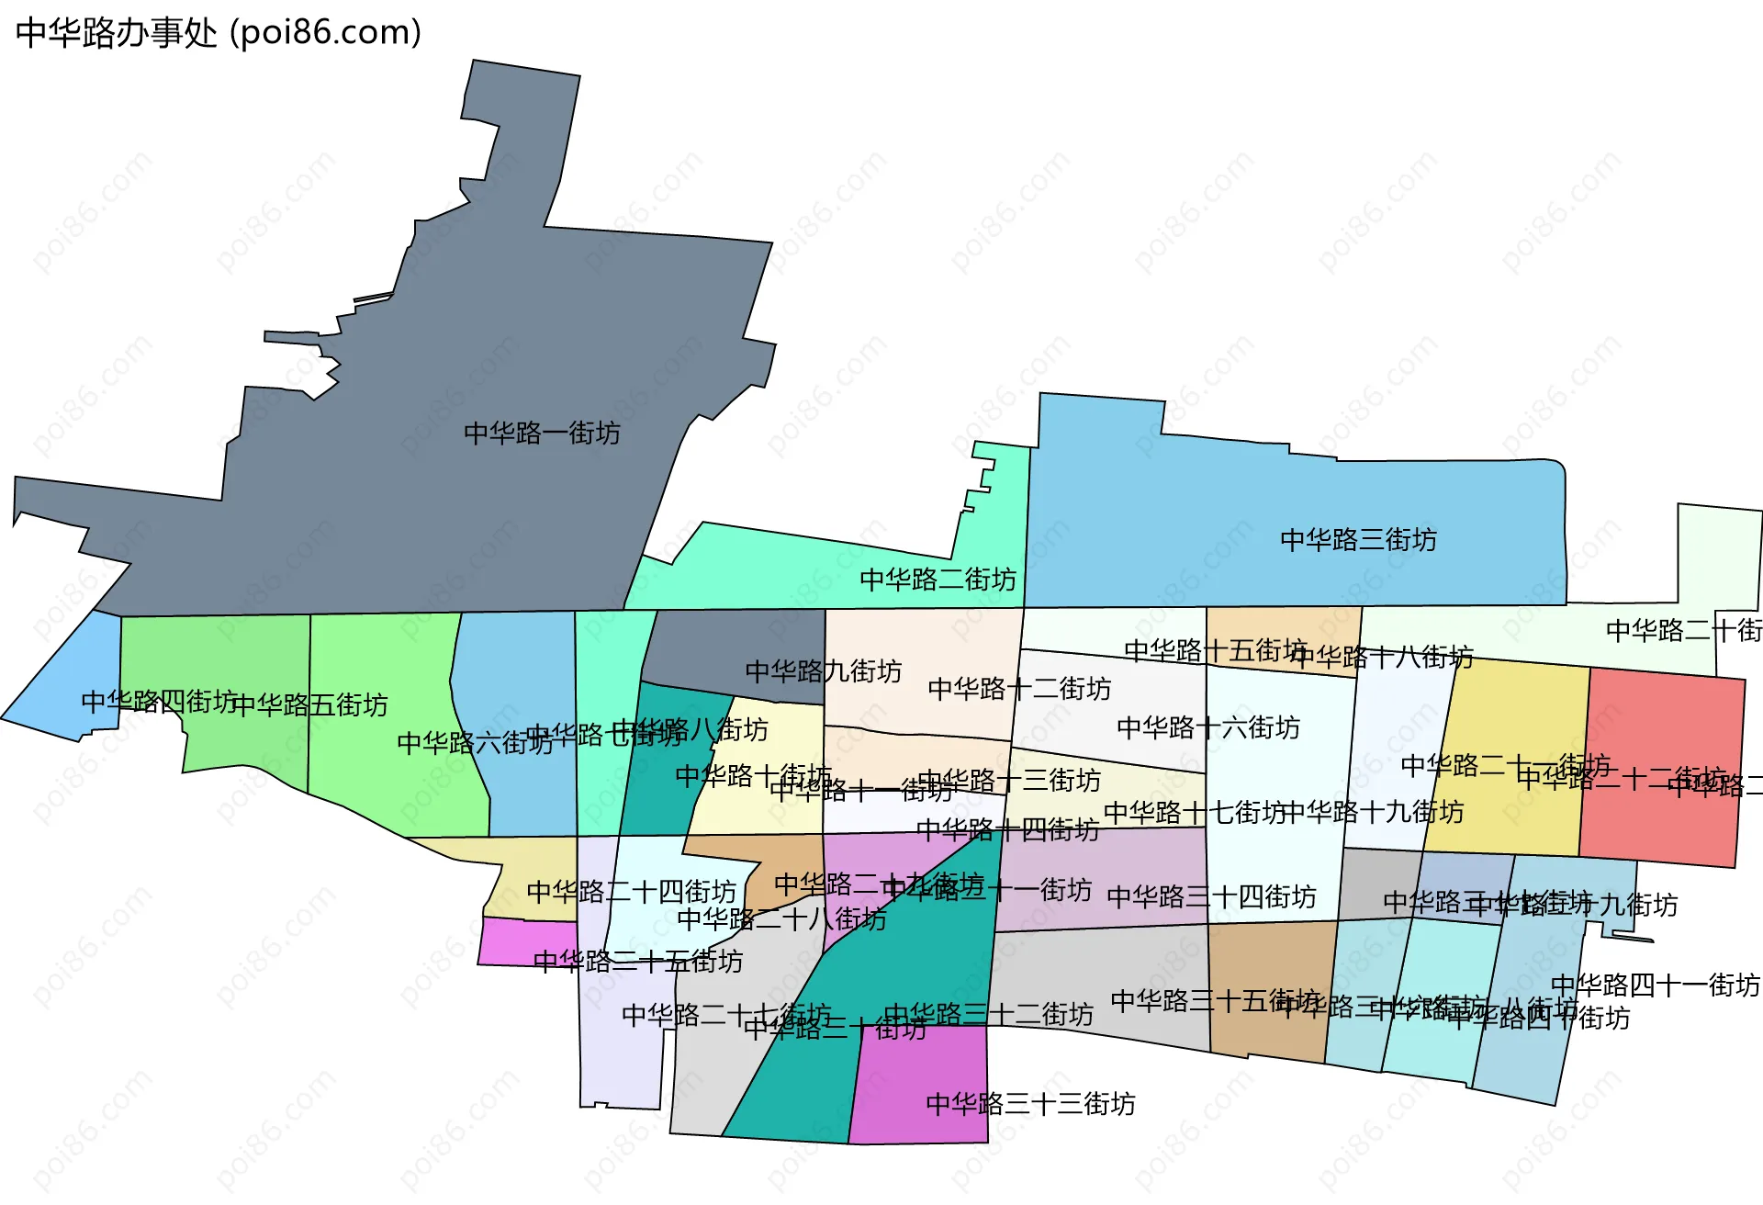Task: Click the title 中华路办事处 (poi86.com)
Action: [219, 33]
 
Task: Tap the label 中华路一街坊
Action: [542, 433]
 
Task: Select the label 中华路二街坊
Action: [938, 580]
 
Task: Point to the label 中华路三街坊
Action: [1358, 539]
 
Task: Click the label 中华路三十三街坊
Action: [1030, 1103]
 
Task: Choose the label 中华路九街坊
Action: [823, 670]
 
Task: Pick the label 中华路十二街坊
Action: [1019, 688]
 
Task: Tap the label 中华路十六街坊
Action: [1208, 727]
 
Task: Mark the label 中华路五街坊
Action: [309, 704]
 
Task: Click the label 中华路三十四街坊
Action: [1211, 896]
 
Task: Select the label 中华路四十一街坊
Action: [1655, 985]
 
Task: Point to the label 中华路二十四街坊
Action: [632, 891]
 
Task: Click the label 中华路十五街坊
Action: [1215, 650]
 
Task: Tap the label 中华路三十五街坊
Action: [1215, 1000]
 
